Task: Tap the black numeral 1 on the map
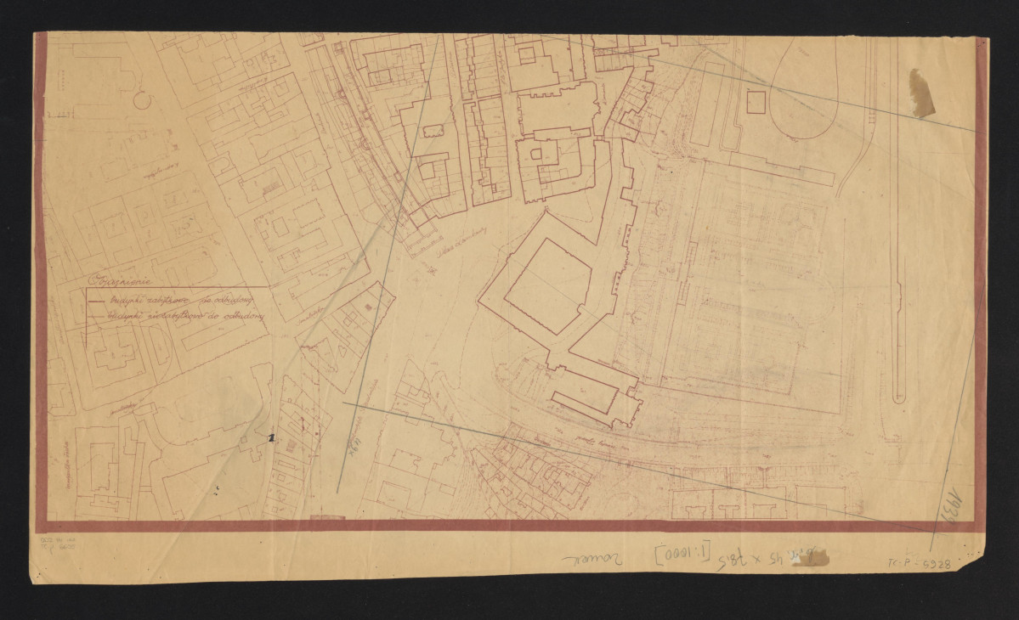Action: pos(271,438)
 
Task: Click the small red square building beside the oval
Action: pos(756,102)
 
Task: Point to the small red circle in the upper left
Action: pos(142,100)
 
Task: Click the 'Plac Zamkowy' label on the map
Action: pos(456,244)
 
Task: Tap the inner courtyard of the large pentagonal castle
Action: pos(548,285)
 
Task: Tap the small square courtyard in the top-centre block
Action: pos(527,55)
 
